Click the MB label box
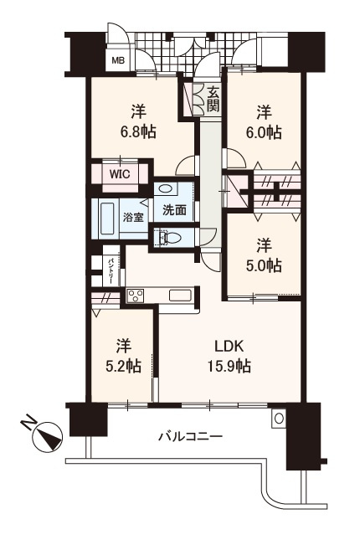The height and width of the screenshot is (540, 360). pos(120,60)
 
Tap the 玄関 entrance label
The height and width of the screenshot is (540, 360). pos(213,100)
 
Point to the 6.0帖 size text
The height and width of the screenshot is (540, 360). pos(262,131)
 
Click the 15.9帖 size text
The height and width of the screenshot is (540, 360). pos(231,366)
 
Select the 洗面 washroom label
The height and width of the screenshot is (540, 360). pos(174,210)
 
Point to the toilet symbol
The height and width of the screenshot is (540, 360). pos(172,238)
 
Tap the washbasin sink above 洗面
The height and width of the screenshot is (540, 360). pos(166,189)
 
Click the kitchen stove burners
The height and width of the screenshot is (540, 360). pos(135,296)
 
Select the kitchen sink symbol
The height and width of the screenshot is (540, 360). pos(181,295)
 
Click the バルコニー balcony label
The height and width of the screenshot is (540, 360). pos(189,436)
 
